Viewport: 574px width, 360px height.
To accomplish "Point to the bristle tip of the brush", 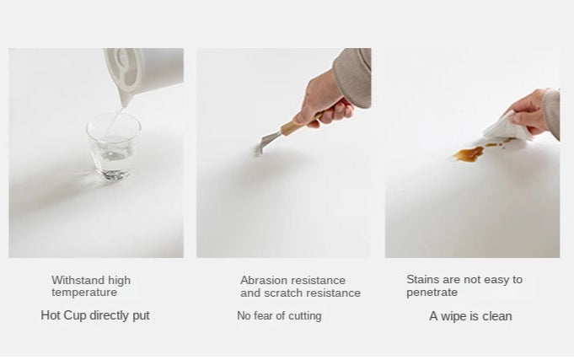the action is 258,150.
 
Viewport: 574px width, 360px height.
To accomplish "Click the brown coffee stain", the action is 469,153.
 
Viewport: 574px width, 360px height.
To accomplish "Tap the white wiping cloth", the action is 507,127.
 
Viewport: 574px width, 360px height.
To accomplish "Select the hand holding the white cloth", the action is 528,111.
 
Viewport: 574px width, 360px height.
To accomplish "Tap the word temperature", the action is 84,293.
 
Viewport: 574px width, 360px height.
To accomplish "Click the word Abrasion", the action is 260,280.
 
